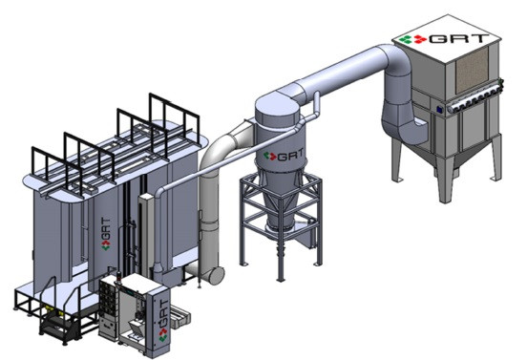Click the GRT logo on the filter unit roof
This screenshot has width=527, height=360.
click(x=444, y=38)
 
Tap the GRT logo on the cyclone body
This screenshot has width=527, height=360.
click(x=284, y=155)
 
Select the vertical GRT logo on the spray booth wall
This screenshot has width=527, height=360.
click(x=106, y=234)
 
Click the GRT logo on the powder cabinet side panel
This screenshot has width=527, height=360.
click(x=163, y=321)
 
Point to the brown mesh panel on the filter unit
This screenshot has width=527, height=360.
click(x=472, y=70)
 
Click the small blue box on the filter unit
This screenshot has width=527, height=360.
click(x=439, y=109)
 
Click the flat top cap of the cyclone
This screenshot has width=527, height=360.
click(x=276, y=104)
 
